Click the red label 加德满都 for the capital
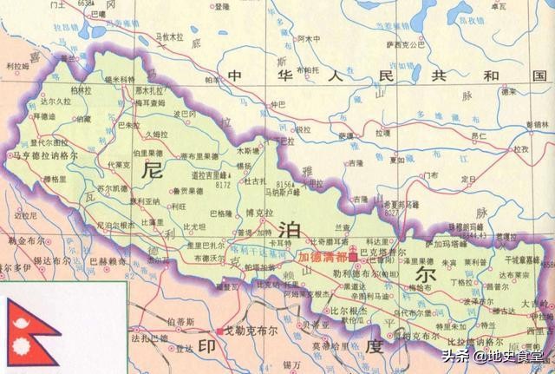[x=323, y=258]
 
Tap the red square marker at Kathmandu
[x=353, y=258]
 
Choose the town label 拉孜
[x=520, y=150]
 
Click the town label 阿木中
[x=310, y=39]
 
